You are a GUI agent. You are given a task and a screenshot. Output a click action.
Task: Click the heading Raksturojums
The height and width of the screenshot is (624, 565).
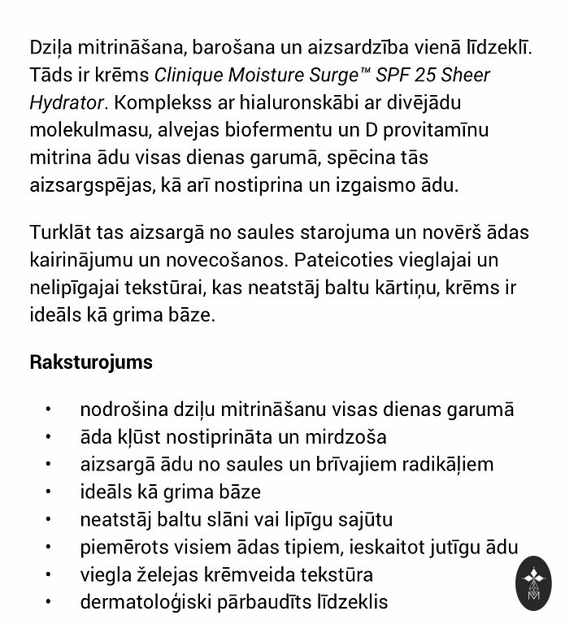click(91, 362)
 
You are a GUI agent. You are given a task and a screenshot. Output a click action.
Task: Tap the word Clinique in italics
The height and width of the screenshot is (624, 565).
click(187, 76)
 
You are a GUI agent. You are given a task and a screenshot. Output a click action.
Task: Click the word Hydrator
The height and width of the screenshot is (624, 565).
click(66, 103)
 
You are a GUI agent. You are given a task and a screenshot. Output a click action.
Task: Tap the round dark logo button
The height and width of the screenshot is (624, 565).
click(534, 584)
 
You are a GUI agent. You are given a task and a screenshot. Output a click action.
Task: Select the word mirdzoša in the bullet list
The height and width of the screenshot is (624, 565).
click(346, 437)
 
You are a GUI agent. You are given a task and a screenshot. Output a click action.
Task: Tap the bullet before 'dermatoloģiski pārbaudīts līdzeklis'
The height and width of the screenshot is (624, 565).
click(50, 603)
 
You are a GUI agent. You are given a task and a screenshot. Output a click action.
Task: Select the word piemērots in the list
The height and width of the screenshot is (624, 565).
click(120, 548)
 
